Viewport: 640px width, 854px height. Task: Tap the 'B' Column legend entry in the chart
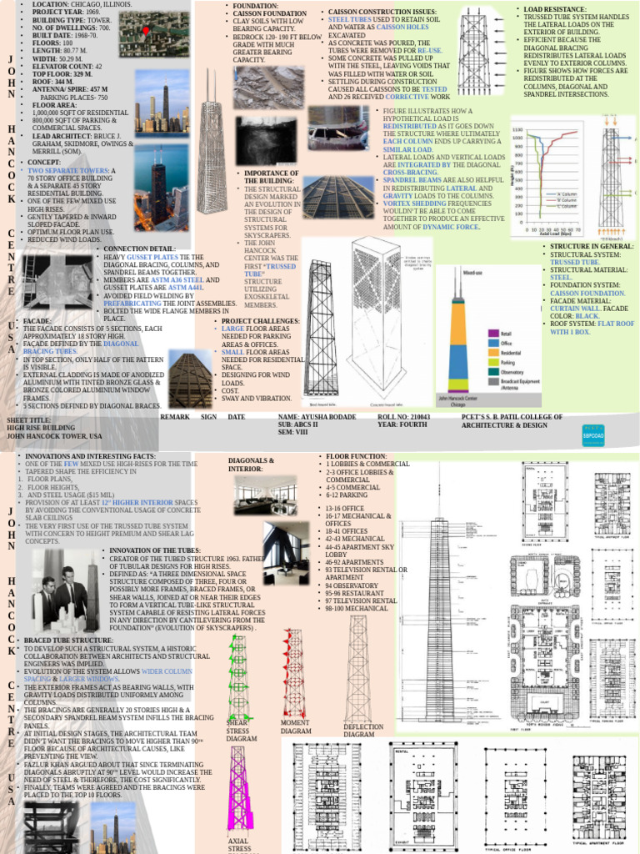pyautogui.click(x=564, y=201)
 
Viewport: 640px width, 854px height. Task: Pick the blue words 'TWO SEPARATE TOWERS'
pyautogui.click(x=62, y=170)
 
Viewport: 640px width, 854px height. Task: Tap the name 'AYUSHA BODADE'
pyautogui.click(x=326, y=414)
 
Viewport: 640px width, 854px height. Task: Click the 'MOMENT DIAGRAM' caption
pyautogui.click(x=295, y=727)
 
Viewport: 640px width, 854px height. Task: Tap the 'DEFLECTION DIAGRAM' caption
pyautogui.click(x=363, y=731)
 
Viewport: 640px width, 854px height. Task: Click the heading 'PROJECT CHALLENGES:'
pyautogui.click(x=259, y=321)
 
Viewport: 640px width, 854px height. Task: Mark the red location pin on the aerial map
pyautogui.click(x=147, y=32)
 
